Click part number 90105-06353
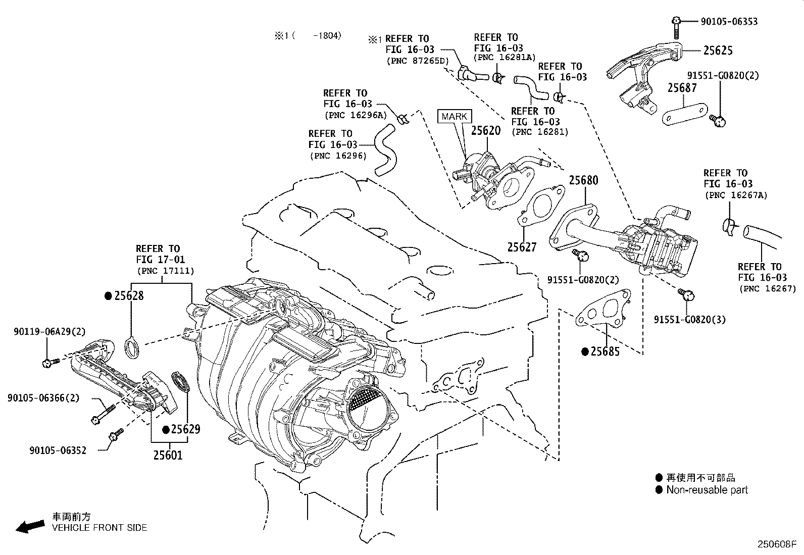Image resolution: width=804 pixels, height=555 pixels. (x=729, y=22)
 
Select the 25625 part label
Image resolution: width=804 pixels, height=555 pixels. (x=718, y=51)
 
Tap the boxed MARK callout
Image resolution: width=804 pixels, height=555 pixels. (x=455, y=116)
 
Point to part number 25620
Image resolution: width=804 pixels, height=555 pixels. (x=486, y=131)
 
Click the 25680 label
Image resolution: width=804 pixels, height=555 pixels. (x=584, y=180)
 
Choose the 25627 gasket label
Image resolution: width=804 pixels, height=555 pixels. (x=522, y=247)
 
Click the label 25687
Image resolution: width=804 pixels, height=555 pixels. (x=682, y=88)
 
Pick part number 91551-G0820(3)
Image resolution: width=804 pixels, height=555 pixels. (x=689, y=320)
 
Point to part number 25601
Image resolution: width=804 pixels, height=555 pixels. (x=168, y=455)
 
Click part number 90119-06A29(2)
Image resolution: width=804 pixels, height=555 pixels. (x=50, y=331)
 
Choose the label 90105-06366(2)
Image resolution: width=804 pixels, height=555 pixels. (x=43, y=398)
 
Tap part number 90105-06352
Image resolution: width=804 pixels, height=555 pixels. (x=58, y=450)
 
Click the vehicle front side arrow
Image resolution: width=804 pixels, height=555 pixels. (x=30, y=527)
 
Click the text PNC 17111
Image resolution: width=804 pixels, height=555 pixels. (x=166, y=271)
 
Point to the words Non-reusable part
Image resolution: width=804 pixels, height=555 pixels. (x=707, y=490)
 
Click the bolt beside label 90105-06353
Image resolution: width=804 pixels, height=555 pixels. (x=676, y=27)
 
